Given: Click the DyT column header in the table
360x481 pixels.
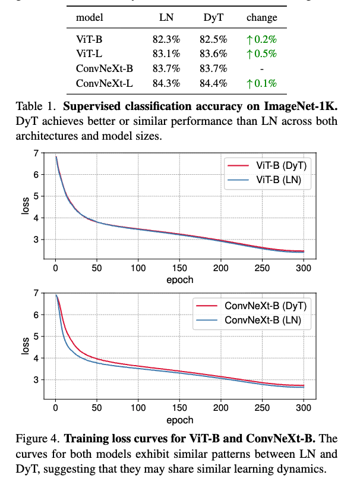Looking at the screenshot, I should (213, 17).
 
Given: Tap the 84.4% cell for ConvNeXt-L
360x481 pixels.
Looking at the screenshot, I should (213, 83).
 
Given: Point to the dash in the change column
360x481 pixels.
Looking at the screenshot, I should (262, 69).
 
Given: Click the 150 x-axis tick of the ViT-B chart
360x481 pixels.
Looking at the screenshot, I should (179, 268).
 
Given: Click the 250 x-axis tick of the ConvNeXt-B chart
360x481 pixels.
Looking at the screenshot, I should (262, 408).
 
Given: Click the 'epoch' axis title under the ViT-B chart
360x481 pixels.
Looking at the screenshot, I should (179, 279).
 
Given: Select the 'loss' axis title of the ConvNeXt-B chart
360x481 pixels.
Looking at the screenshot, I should (25, 347).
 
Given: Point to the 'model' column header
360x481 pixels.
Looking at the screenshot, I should (90, 17).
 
